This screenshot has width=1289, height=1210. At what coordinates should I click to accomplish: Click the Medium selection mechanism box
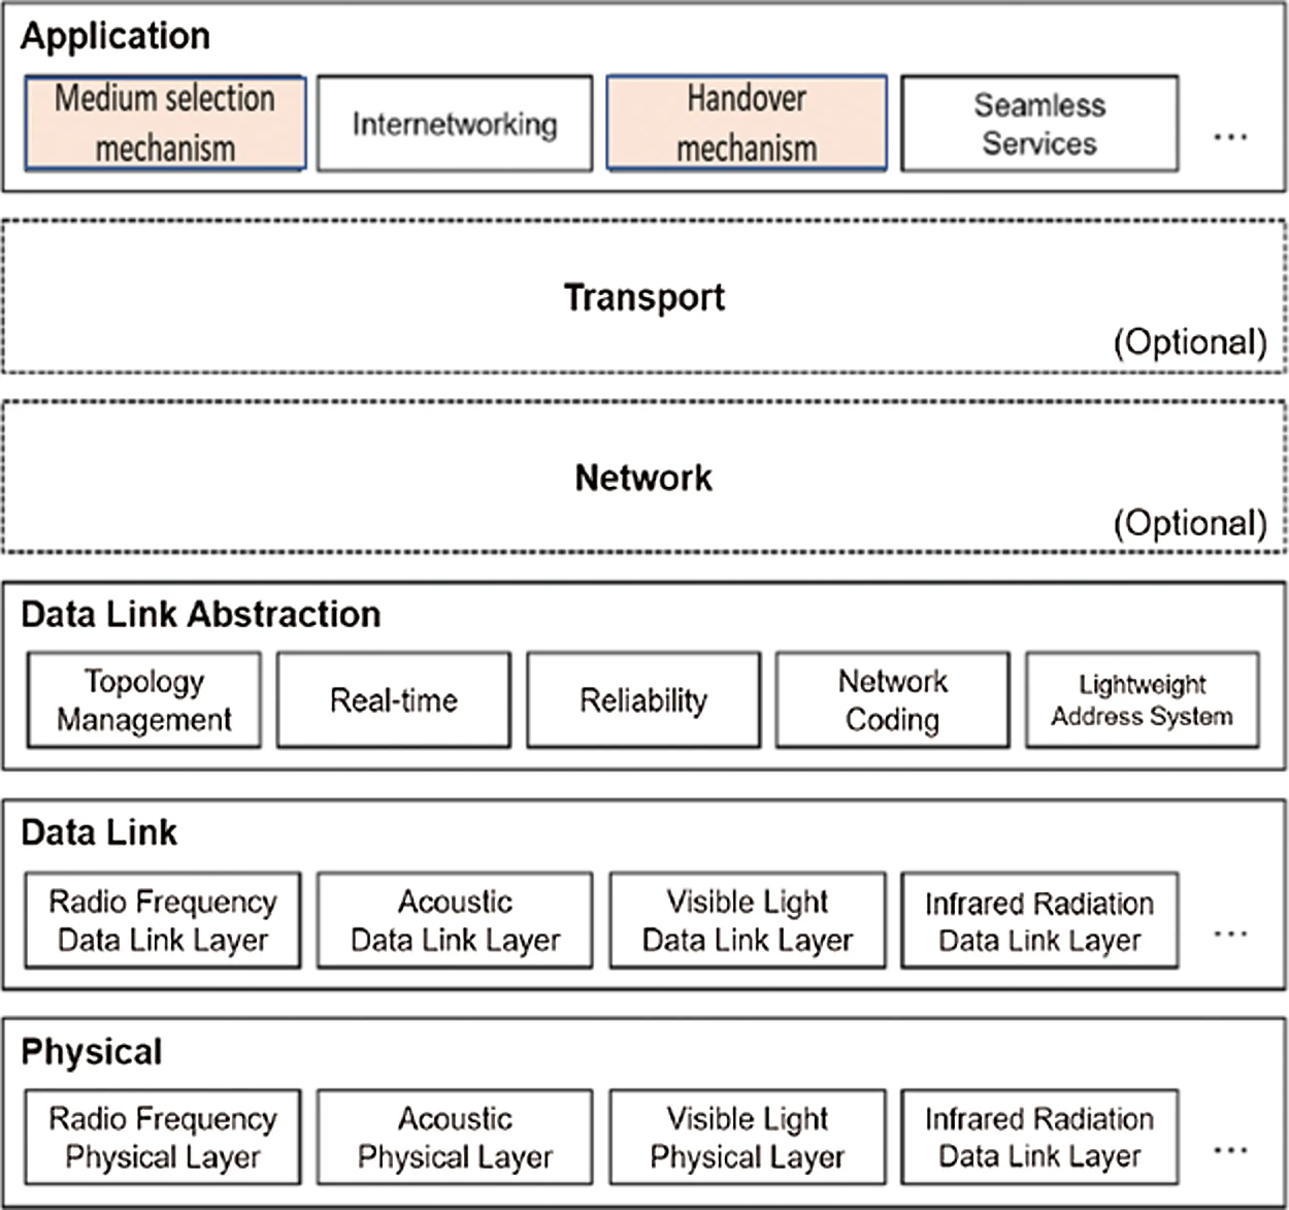(x=166, y=123)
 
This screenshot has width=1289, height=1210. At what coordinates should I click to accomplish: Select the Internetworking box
(x=455, y=123)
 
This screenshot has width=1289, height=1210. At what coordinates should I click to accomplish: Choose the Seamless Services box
(x=1039, y=123)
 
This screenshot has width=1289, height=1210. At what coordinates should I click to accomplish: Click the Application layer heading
(x=115, y=36)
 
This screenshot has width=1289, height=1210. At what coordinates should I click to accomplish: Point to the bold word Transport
(x=644, y=298)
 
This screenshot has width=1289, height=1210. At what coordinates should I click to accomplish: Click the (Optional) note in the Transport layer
(x=1190, y=342)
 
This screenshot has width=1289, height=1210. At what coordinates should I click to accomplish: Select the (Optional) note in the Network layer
(x=1190, y=522)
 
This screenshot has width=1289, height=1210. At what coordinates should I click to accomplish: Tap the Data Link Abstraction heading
(x=201, y=614)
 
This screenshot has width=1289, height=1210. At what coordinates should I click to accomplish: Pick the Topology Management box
(x=144, y=700)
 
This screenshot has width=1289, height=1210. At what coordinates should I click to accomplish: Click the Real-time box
(x=393, y=700)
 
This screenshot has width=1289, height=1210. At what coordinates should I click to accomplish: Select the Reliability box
(x=643, y=700)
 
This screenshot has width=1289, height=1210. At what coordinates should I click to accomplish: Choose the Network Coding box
(x=893, y=700)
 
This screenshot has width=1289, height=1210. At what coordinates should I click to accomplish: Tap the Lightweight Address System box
(x=1143, y=700)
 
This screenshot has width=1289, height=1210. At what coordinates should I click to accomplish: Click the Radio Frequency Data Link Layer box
(x=163, y=921)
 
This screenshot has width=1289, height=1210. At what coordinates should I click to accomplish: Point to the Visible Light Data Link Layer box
(x=747, y=921)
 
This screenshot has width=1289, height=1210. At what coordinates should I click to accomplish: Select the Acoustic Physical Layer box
(x=455, y=1137)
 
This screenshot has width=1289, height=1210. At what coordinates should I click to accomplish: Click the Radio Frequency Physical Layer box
(x=163, y=1137)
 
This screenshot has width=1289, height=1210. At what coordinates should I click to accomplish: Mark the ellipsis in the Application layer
(x=1230, y=137)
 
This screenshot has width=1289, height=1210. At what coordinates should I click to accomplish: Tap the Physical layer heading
(x=91, y=1052)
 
